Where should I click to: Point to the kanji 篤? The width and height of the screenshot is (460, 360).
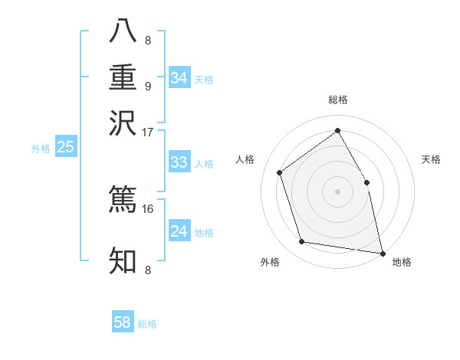pos(123,198)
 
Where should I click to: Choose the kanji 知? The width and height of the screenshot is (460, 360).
pos(123,260)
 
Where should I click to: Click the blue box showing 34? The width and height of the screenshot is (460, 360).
pos(179,78)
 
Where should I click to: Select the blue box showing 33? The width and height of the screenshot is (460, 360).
pos(179,162)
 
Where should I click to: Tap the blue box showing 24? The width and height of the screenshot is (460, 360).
pos(179,231)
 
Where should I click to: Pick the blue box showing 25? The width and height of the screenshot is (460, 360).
pos(65,147)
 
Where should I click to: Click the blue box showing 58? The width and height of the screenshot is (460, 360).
pos(122,322)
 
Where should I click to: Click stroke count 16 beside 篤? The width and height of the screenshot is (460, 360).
pos(148,208)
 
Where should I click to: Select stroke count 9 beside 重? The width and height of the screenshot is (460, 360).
pos(148,86)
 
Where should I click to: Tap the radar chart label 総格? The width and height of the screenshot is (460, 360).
pos(338,100)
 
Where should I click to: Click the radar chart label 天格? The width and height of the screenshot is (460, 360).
pos(432,159)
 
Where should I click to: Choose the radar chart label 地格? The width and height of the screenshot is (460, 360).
pos(402,262)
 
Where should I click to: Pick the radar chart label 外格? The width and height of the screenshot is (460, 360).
pos(270,262)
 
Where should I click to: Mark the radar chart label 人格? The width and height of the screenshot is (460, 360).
pos(245,159)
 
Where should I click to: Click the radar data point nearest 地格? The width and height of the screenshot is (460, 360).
pos(382,252)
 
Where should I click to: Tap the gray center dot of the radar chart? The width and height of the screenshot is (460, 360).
pos(337,191)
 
